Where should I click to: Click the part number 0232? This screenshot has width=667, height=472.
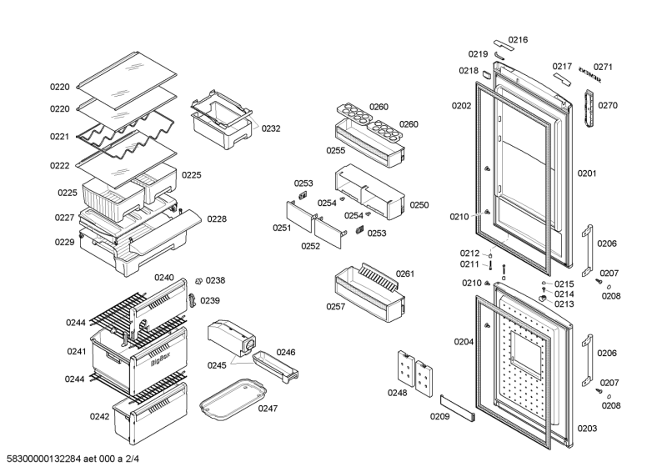pyautogui.click(x=271, y=128)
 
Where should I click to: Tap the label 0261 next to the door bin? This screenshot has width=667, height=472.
pyautogui.click(x=406, y=274)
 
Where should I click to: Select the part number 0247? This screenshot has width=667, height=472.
pyautogui.click(x=268, y=409)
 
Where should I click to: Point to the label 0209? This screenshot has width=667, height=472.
pyautogui.click(x=439, y=416)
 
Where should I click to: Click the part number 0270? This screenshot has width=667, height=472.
pyautogui.click(x=607, y=106)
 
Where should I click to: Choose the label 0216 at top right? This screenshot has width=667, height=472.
pyautogui.click(x=518, y=39)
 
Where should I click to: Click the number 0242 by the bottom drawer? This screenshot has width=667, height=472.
pyautogui.click(x=100, y=416)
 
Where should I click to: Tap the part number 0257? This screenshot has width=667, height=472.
pyautogui.click(x=337, y=306)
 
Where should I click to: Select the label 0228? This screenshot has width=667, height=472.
pyautogui.click(x=217, y=219)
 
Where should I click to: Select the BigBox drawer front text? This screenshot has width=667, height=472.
pyautogui.click(x=163, y=362)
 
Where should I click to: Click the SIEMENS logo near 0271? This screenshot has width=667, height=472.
pyautogui.click(x=589, y=76)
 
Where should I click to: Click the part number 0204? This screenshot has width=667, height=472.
pyautogui.click(x=464, y=341)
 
